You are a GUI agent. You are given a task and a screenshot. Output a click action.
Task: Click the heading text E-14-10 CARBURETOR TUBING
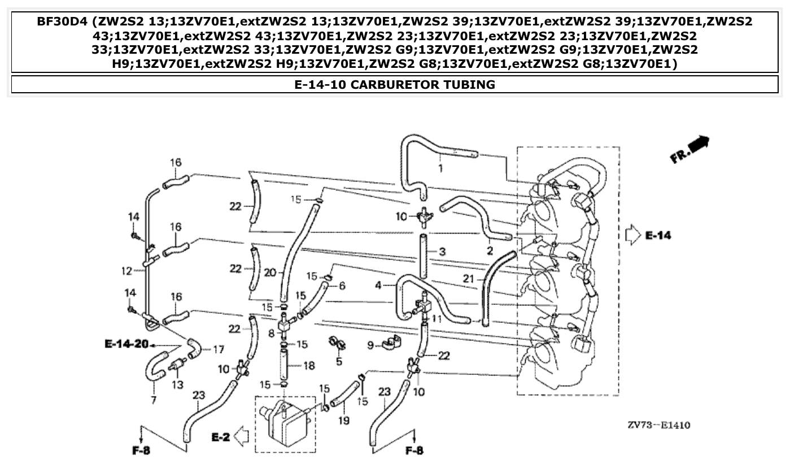click(395, 85)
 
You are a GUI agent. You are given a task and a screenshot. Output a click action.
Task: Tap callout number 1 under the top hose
click(440, 168)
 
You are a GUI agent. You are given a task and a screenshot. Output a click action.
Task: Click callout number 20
click(269, 273)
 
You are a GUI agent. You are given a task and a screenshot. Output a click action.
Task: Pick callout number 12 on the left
click(126, 271)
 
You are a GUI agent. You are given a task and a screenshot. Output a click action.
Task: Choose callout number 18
click(309, 366)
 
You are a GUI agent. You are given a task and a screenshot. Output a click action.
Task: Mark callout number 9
click(370, 344)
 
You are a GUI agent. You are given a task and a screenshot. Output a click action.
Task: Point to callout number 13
click(178, 385)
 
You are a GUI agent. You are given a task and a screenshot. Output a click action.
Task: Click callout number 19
click(343, 420)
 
